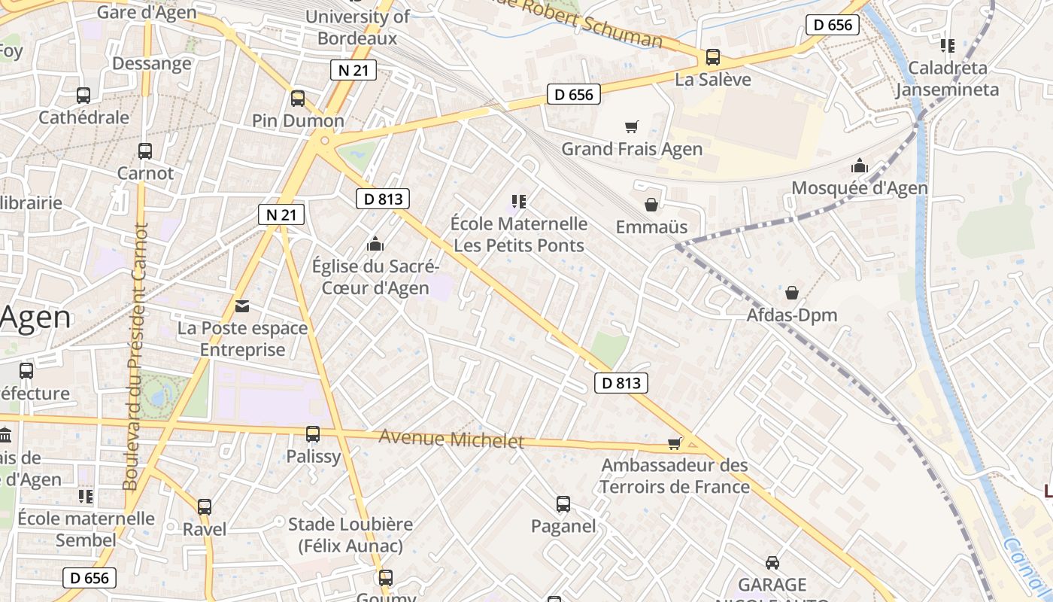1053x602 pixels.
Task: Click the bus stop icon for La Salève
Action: pyautogui.click(x=712, y=57)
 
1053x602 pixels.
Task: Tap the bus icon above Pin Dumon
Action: pyautogui.click(x=298, y=99)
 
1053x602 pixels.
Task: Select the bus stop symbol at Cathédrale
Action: pyautogui.click(x=83, y=96)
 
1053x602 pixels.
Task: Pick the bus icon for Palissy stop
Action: pyautogui.click(x=313, y=434)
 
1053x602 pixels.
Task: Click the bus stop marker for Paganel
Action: pyautogui.click(x=563, y=504)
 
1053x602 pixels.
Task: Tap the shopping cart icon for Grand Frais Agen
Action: pyautogui.click(x=632, y=127)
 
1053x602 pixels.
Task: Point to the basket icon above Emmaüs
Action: pyautogui.click(x=651, y=205)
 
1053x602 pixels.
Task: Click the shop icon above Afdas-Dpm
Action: pyautogui.click(x=792, y=293)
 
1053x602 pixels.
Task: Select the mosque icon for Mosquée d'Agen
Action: pyautogui.click(x=860, y=166)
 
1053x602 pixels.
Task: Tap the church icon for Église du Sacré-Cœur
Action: pyautogui.click(x=375, y=244)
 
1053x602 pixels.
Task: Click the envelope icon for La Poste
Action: pyautogui.click(x=242, y=306)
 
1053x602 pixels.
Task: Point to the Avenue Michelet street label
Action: pyautogui.click(x=451, y=439)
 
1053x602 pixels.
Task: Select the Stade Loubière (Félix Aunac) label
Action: pyautogui.click(x=350, y=535)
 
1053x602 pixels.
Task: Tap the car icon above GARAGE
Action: pyautogui.click(x=772, y=562)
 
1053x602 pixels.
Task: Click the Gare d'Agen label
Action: pyautogui.click(x=147, y=12)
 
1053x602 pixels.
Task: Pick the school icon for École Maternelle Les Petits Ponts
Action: pyautogui.click(x=518, y=201)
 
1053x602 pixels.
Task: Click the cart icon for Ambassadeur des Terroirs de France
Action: pyautogui.click(x=675, y=443)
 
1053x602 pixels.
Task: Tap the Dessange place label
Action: pyautogui.click(x=152, y=63)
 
